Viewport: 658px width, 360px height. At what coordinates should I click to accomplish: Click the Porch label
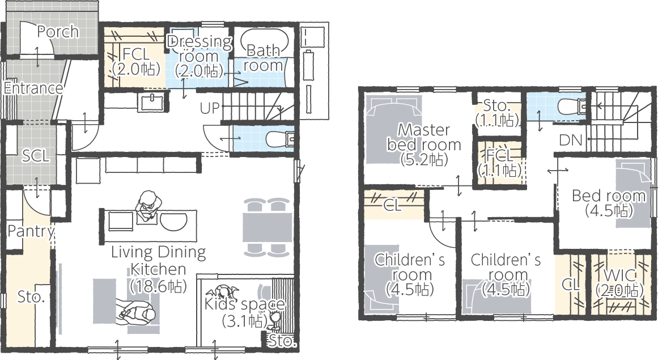pos(58,32)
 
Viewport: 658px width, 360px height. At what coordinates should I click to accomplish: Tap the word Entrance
pos(33,88)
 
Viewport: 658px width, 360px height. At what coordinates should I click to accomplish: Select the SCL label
pos(36,156)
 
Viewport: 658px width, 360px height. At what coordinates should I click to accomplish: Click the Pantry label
pos(31,231)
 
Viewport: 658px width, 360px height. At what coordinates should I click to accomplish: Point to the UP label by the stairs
pos(210,108)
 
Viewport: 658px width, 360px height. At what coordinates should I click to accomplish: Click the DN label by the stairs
pos(571,140)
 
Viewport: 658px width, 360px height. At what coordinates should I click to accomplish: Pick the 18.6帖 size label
pos(158,286)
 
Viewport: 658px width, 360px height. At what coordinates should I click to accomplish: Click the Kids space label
pos(245,304)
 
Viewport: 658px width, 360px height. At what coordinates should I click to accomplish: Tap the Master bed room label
pos(424,137)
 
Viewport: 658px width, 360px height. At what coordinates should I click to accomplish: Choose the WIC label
pos(619,276)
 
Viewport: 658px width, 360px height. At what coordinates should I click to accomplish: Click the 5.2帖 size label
pos(424,159)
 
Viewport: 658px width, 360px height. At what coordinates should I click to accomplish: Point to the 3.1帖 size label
pos(245,321)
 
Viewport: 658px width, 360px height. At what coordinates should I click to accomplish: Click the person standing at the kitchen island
pos(148,206)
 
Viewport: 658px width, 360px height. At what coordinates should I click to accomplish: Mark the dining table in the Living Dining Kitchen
pos(268,227)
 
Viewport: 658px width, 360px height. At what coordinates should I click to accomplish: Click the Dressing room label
pos(199,56)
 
